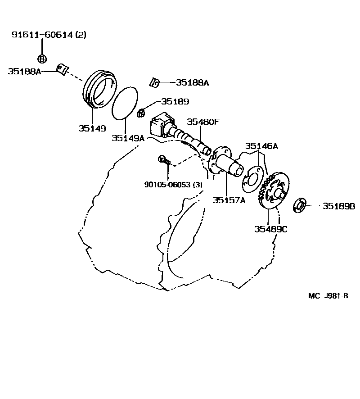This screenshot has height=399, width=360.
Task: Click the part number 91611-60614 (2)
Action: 49,35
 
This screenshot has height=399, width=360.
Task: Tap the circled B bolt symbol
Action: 41,59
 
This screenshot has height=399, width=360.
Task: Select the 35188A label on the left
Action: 24,71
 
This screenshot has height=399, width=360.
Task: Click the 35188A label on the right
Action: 193,82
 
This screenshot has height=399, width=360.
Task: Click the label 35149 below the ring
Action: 92,128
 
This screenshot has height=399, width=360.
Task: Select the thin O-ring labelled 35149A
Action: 125,103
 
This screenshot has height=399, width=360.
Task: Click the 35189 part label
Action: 175,102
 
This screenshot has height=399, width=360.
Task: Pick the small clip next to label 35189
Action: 140,112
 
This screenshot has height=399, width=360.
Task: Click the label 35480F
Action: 203,122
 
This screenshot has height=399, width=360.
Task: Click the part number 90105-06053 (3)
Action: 173,185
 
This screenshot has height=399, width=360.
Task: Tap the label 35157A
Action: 229,200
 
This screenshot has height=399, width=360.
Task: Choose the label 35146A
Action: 261,146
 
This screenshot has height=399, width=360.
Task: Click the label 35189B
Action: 339,206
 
